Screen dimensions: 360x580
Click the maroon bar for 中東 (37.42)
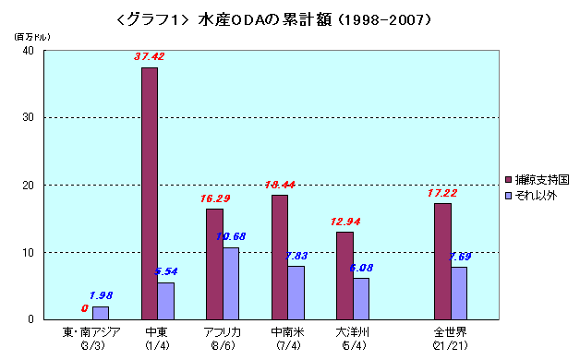point(149,194)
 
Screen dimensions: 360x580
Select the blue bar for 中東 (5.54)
point(165,301)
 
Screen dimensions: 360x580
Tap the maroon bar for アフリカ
point(213,264)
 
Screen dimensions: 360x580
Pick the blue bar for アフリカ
point(231,283)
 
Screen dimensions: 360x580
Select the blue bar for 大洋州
point(361,298)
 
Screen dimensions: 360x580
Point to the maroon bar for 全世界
point(442,261)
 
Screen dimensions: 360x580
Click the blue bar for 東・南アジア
point(100,313)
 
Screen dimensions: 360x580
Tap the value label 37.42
point(149,56)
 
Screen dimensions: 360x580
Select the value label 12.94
point(345,222)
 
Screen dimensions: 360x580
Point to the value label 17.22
point(441,193)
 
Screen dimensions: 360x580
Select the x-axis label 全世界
point(450,331)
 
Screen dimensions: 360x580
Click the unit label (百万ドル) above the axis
point(28,35)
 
